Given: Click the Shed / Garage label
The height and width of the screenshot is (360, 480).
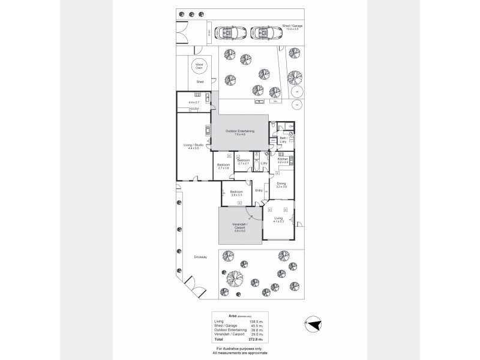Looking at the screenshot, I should pyautogui.click(x=294, y=28).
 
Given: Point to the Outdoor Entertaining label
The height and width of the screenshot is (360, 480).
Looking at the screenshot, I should pyautogui.click(x=240, y=133).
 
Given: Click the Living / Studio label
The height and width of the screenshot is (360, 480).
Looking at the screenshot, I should pyautogui.click(x=193, y=146).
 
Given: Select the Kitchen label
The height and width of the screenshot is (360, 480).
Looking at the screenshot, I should pyautogui.click(x=283, y=160).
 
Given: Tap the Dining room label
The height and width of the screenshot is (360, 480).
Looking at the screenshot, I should pyautogui.click(x=281, y=185).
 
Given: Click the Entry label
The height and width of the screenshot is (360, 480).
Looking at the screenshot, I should pyautogui.click(x=259, y=190).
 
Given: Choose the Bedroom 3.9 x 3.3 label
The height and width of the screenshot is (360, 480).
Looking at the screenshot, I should pyautogui.click(x=236, y=193).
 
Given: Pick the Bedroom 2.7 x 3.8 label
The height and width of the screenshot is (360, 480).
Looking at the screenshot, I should pyautogui.click(x=223, y=166).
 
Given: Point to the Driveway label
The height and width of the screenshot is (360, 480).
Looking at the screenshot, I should pyautogui.click(x=200, y=257).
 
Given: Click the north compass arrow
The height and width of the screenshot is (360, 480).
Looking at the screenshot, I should pyautogui.click(x=312, y=324).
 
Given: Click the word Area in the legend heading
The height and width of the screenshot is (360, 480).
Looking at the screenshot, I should pyautogui.click(x=232, y=315).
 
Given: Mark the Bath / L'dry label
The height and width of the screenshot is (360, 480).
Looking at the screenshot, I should pyautogui.click(x=284, y=140).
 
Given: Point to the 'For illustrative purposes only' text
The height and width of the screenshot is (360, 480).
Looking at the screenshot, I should pyautogui.click(x=239, y=348).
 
